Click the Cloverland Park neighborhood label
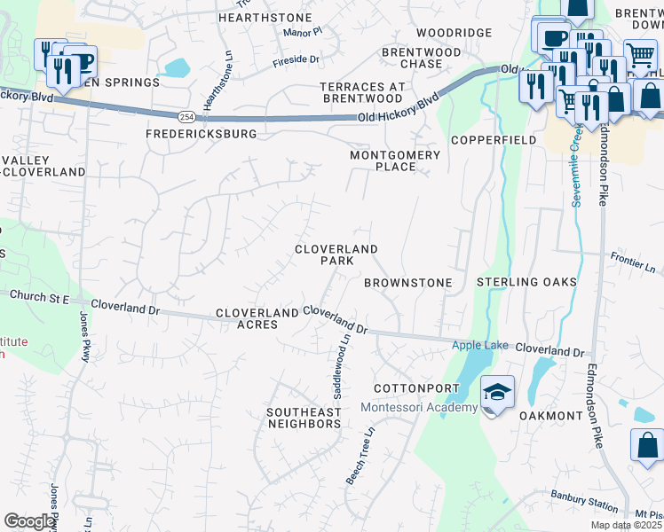click(336, 255)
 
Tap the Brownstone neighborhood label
click(408, 283)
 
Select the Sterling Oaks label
click(526, 283)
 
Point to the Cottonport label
click(416, 389)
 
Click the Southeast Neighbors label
click(304, 419)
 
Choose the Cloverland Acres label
click(257, 319)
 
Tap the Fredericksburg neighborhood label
click(202, 134)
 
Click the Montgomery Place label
click(395, 160)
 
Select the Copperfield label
click(493, 141)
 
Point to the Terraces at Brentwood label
click(362, 92)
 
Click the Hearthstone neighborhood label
click(265, 18)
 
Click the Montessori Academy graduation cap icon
click(497, 393)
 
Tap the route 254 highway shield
click(186, 116)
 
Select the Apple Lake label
click(480, 345)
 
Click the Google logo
click(29, 521)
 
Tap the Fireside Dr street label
click(296, 59)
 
